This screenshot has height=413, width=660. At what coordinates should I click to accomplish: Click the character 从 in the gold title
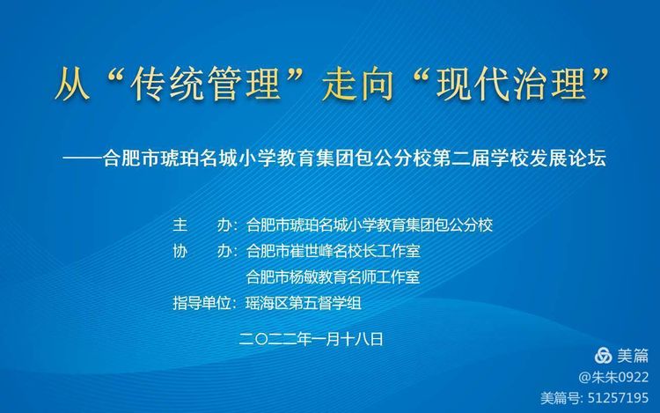click(x=72, y=83)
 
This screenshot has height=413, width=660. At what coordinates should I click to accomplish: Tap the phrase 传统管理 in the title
click(x=205, y=83)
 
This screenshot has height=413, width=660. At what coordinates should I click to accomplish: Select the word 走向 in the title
click(x=358, y=83)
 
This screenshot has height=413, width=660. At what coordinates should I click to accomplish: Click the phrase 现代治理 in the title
click(x=511, y=83)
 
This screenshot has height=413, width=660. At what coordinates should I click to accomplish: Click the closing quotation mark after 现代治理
click(x=601, y=75)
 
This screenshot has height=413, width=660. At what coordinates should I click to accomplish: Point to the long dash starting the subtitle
click(x=83, y=159)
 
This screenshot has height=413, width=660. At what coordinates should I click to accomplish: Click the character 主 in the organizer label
click(x=180, y=225)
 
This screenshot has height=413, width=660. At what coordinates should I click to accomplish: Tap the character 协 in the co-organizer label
click(x=180, y=251)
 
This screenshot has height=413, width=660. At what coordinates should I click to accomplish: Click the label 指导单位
click(x=202, y=303)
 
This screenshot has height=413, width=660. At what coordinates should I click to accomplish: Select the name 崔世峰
click(x=311, y=251)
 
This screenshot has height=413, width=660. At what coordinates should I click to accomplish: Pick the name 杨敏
click(x=304, y=277)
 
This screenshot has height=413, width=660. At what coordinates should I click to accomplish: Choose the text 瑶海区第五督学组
click(x=303, y=303)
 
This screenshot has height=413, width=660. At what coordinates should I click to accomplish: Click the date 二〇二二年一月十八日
click(x=311, y=339)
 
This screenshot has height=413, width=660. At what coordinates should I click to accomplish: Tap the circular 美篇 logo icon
click(x=603, y=356)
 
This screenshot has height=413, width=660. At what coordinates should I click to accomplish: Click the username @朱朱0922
click(x=613, y=377)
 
